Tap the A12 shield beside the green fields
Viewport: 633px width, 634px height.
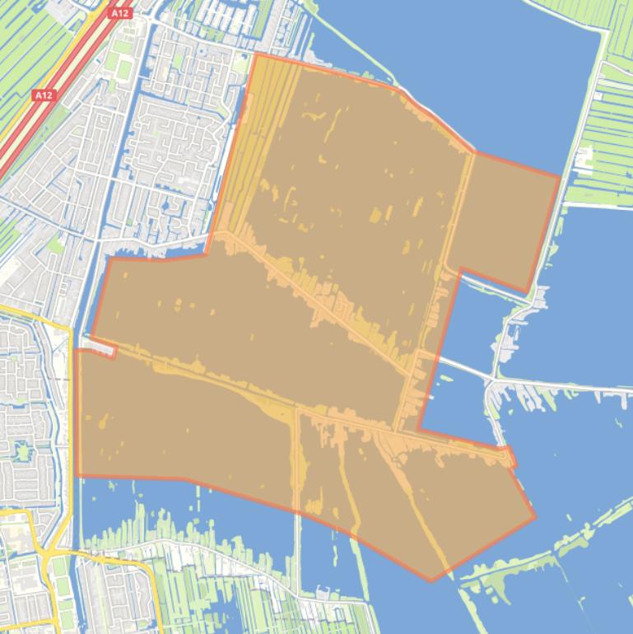click(44, 96)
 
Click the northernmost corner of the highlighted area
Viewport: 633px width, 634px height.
click(256, 54)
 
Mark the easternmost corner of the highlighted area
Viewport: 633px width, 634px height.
click(560, 175)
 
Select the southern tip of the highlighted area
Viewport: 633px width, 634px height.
click(431, 580)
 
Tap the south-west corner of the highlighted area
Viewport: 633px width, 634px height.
click(78, 475)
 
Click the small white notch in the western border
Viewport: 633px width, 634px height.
click(98, 349)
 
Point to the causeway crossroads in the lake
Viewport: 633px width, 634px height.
click(491, 380)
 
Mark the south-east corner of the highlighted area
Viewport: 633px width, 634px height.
click(535, 517)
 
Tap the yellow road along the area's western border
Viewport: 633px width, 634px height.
click(71, 412)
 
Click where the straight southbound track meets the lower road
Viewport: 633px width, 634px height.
click(297, 409)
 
